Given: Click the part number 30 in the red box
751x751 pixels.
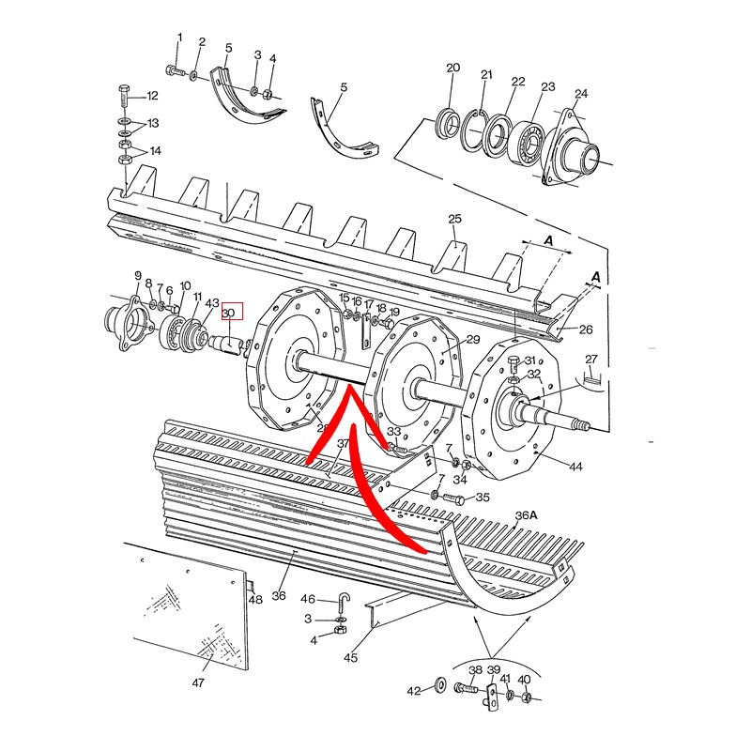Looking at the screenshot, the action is point(228,313).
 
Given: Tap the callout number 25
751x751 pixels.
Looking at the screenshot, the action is point(454,219).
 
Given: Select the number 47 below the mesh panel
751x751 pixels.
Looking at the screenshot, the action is point(198,683).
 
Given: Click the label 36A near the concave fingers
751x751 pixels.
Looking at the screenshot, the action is point(527,515).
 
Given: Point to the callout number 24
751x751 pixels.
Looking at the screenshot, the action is point(581,93).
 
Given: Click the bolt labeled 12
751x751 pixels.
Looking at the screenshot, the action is point(124,98).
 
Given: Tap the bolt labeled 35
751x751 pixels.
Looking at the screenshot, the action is point(453,498).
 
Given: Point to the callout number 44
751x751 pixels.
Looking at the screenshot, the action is point(575,466).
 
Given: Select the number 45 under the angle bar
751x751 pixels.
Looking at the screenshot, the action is point(350,658).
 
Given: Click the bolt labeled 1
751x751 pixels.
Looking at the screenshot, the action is point(176,71).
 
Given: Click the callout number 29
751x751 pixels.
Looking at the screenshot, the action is point(473,340).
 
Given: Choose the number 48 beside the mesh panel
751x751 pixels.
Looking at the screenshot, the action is point(255,600).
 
